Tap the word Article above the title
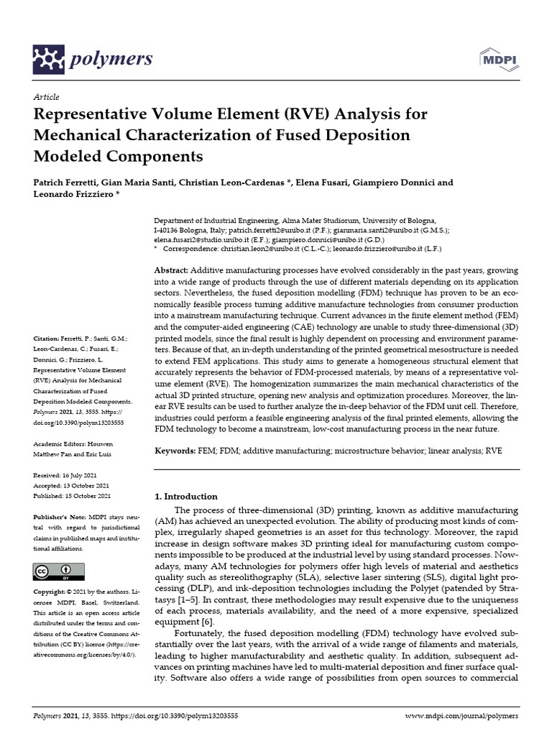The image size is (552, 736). click(x=46, y=96)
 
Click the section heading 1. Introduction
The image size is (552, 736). click(x=186, y=496)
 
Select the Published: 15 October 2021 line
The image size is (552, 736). click(x=73, y=496)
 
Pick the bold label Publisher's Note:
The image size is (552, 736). click(x=60, y=517)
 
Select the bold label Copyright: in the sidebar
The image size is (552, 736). click(x=52, y=592)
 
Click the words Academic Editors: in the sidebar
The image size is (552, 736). click(x=59, y=444)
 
